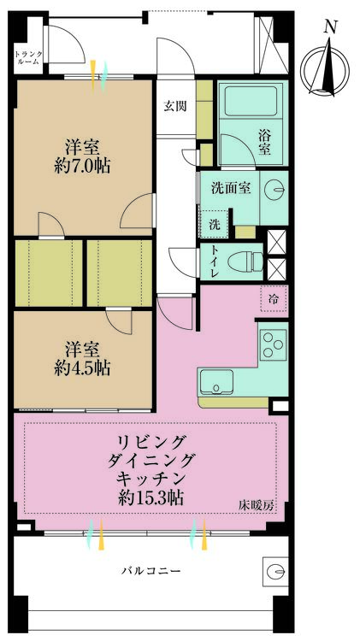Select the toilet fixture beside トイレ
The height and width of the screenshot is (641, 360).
pos(249,259)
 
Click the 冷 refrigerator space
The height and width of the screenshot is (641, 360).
pos(274,299)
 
